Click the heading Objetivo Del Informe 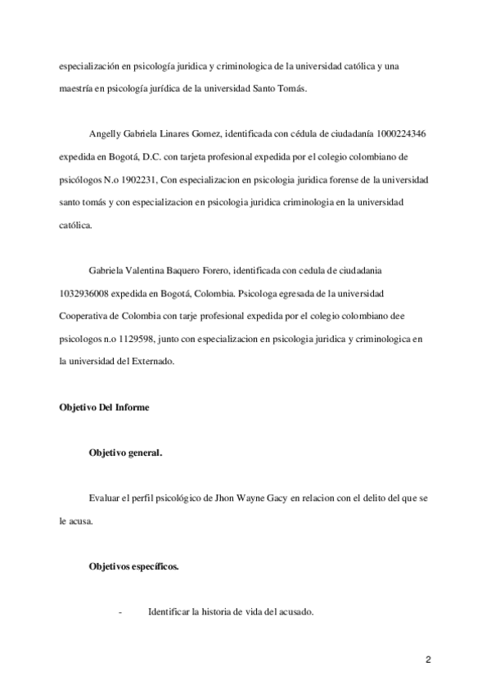point(104,407)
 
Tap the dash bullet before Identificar point(121,612)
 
